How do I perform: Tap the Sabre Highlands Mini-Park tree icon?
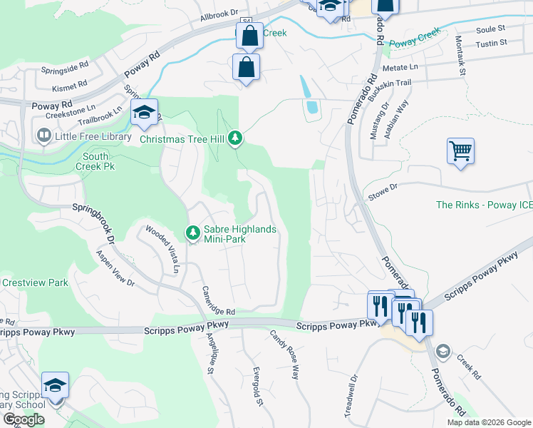tap(192, 232)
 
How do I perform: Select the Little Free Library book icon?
tap(43, 136)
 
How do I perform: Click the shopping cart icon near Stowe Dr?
tap(460, 151)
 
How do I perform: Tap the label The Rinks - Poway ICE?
tap(484, 205)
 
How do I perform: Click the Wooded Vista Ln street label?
tap(162, 249)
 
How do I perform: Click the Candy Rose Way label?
tap(283, 353)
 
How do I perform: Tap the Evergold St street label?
tap(259, 387)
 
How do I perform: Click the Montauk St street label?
tap(461, 57)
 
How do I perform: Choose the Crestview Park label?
tap(34, 282)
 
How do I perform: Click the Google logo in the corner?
tap(24, 419)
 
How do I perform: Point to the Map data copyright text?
tap(489, 422)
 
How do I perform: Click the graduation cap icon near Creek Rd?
tap(442, 351)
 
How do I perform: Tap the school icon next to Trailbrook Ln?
tap(143, 112)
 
